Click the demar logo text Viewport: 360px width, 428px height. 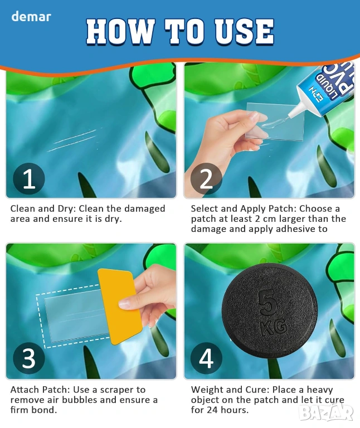pos(31,17)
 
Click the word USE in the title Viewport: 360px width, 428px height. pos(244,31)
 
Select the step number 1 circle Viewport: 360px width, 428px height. pos(28,178)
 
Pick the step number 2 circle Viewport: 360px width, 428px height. pos(206,178)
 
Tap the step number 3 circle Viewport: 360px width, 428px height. pos(28,358)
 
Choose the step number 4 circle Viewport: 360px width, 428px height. pos(206,358)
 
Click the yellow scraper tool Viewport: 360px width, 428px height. pos(120,307)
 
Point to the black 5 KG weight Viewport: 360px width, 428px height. pos(269,311)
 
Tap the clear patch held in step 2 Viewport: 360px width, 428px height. pos(274,121)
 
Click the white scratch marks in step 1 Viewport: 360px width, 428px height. pos(72,140)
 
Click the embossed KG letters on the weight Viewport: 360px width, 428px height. pos(273,327)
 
